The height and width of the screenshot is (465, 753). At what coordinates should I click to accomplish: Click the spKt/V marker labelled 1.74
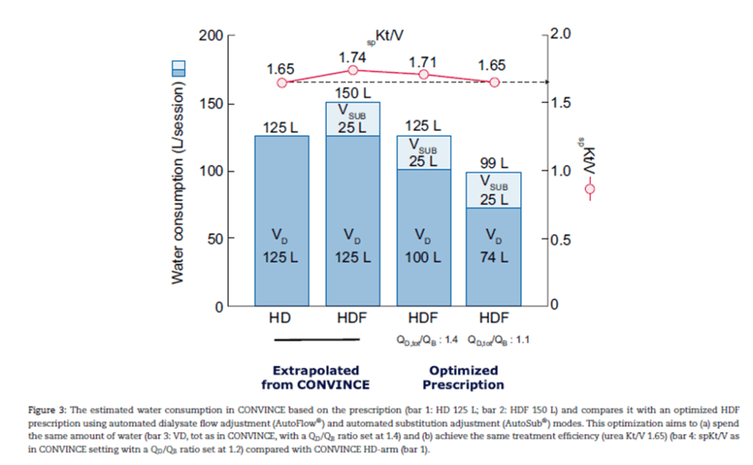coord(352,70)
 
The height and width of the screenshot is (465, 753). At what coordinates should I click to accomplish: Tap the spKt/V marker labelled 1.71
coord(424,74)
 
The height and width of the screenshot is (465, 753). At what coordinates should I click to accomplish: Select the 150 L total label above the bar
coord(352,93)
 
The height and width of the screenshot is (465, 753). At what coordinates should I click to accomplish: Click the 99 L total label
coord(494,163)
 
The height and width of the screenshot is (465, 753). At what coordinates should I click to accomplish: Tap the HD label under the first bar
coord(280,319)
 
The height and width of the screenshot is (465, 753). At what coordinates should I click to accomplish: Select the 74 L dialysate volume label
coord(494,258)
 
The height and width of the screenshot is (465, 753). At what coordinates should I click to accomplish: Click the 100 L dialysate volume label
coord(424,258)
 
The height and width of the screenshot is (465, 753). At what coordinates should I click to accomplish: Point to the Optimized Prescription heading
coord(463,377)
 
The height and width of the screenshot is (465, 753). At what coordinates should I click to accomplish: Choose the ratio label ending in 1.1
coord(496,340)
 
